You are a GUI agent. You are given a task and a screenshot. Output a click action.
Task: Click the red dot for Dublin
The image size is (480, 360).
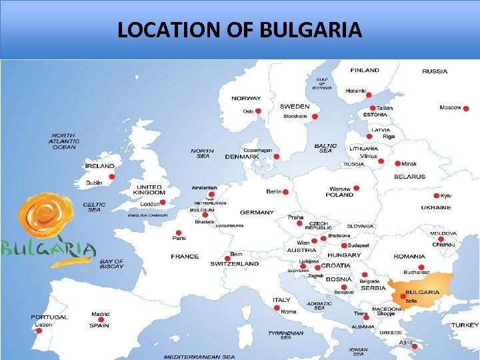pos(112,177)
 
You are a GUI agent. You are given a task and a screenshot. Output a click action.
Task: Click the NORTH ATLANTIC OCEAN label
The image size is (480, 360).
pos(65,141)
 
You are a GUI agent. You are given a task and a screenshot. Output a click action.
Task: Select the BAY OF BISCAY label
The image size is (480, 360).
pos(111,264)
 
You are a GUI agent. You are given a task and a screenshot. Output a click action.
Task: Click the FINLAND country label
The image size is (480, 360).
pos(365,70)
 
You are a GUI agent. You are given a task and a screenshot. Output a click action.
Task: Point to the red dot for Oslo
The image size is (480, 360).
pos(259,111)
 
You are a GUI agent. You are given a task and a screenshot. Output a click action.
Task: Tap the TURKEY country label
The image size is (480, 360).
pos(465,325)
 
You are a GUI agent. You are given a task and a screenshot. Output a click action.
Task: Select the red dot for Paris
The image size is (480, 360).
pos(178,233)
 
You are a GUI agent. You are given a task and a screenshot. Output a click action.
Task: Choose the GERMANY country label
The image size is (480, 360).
pos(257,213)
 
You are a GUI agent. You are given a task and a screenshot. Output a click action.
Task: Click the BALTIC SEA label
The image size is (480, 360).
pos(325,148)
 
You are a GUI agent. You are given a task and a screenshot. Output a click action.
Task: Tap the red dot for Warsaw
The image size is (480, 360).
pos(357,188)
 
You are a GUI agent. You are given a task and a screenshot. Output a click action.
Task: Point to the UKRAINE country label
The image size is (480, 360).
pos(435,207)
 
